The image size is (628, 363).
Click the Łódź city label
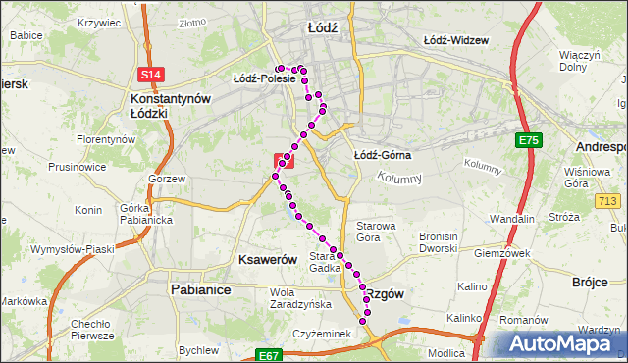click(322, 28)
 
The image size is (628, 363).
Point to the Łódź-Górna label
click(382, 155)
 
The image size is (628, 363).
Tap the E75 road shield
click(528, 141)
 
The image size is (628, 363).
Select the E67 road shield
click(270, 355)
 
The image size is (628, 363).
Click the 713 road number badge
click(608, 200)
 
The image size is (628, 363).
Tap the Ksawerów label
click(268, 259)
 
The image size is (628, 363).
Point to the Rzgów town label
click(384, 293)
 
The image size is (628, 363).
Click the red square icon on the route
click(283, 158)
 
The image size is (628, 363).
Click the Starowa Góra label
click(375, 231)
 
